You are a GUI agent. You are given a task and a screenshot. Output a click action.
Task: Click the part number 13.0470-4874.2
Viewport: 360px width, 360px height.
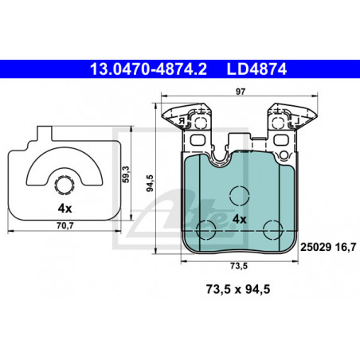[x=148, y=69]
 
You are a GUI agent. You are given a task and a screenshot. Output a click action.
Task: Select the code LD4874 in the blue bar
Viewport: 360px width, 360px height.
[x=256, y=69]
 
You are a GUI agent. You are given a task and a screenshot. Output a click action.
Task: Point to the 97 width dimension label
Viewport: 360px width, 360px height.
[x=241, y=92]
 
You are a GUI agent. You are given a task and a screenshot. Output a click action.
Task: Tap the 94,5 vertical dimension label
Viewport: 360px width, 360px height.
[x=151, y=183]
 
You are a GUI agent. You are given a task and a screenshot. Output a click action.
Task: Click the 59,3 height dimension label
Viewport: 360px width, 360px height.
[x=126, y=174]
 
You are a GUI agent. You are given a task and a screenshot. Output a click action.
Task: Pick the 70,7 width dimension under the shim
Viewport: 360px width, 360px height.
[x=65, y=225]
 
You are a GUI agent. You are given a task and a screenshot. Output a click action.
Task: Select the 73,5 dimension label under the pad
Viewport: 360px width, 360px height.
[x=239, y=266]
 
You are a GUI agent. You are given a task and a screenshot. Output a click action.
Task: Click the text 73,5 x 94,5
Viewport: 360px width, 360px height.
[x=238, y=289]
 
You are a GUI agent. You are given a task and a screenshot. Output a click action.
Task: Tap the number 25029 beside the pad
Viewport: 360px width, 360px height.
[x=315, y=247]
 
